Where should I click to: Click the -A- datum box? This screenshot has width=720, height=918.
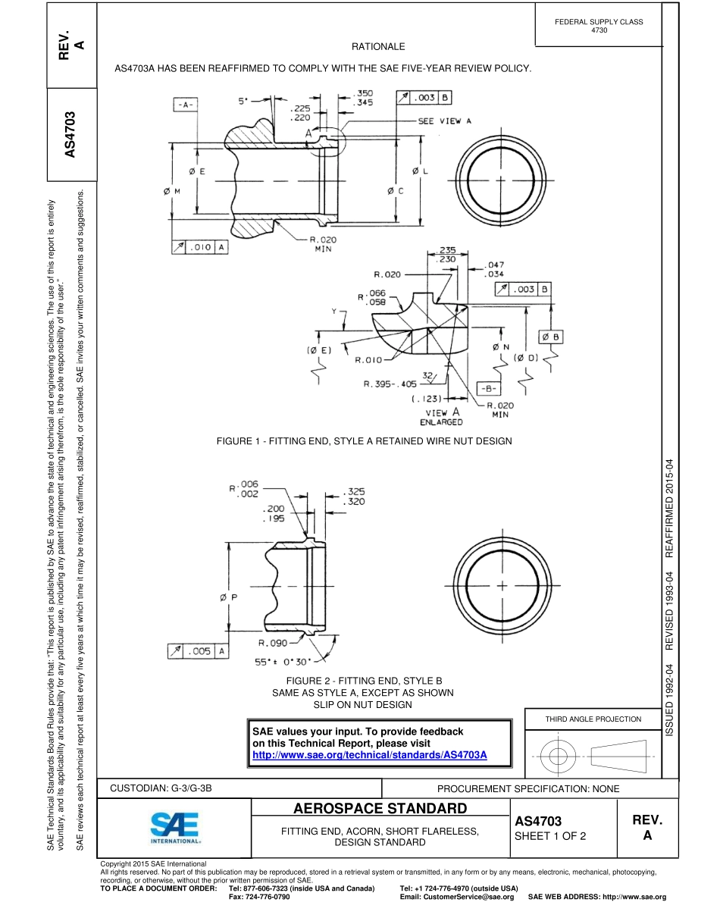pos(186,105)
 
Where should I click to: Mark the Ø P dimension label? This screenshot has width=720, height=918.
pos(229,597)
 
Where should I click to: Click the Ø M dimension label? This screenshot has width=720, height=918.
pos(172,191)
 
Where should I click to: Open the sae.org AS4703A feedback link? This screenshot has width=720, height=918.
pos(369,756)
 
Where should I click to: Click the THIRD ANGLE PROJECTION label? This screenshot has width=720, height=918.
pos(593,719)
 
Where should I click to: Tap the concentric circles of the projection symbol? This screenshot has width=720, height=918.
pos(557,756)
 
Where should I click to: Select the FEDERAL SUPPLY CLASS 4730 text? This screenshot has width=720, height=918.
pos(599,26)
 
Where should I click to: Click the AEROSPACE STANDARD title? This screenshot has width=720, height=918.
pos(379,807)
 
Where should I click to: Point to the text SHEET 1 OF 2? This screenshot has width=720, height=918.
pos(550,837)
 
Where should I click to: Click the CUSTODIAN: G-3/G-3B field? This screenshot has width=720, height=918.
pos(161,788)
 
